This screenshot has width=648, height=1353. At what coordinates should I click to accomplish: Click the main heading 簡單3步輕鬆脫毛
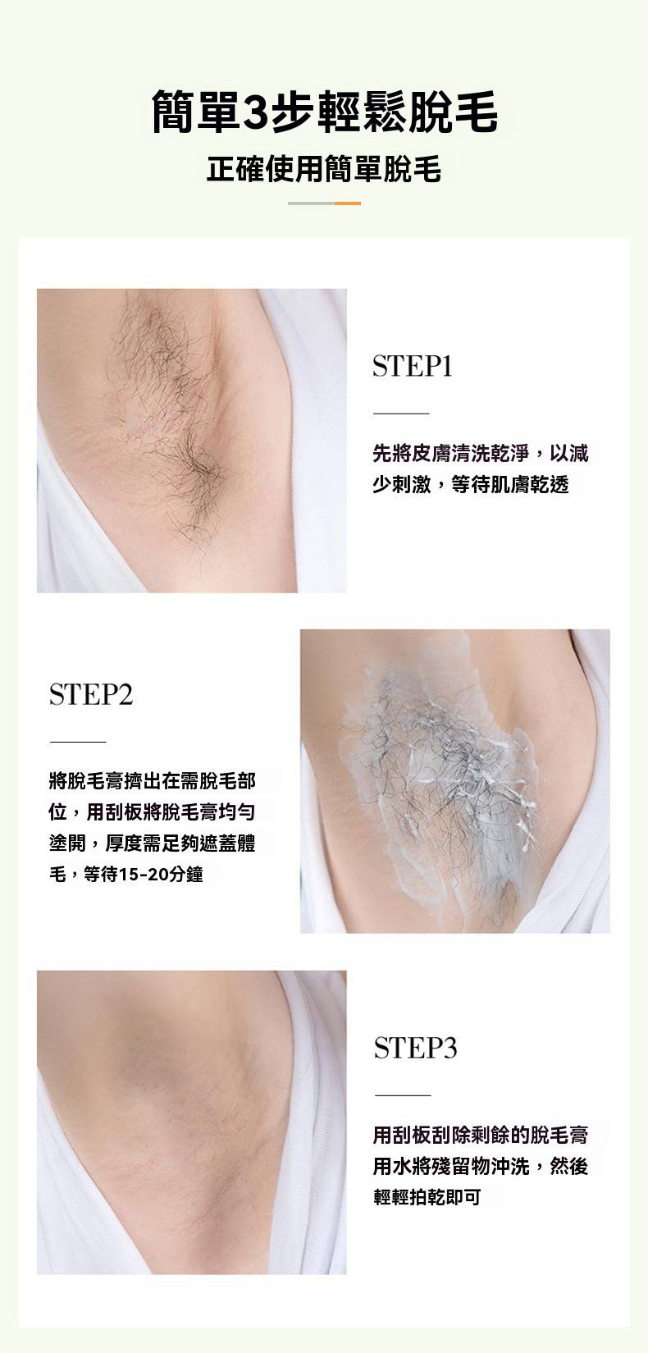coord(324,112)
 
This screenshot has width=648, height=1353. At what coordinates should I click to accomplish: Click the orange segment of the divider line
coord(347,203)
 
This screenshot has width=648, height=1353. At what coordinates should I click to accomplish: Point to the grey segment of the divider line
coord(311,203)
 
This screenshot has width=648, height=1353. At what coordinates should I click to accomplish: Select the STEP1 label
coord(413,366)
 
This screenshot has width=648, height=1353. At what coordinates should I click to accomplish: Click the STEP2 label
coord(90,694)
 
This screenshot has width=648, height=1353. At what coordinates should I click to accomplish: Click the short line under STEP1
coord(401,414)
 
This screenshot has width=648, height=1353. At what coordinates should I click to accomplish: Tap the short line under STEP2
coord(78,742)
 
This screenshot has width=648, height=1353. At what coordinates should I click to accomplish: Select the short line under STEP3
coord(403,1095)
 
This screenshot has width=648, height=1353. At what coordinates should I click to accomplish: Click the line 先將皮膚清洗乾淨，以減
coord(481,453)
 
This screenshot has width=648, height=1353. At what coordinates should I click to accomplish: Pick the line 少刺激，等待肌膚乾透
coord(471,484)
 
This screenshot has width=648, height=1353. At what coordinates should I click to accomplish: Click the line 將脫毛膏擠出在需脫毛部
coord(153,781)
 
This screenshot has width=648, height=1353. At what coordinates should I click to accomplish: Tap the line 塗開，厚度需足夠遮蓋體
coord(153,843)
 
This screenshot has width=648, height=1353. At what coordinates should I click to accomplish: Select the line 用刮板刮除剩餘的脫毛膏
coord(481,1135)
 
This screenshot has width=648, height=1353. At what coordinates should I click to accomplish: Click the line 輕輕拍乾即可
coord(427,1197)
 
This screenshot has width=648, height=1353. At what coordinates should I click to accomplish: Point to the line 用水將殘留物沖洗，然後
coord(481,1167)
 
